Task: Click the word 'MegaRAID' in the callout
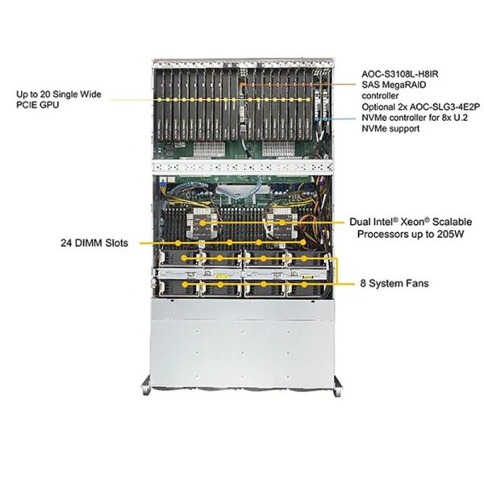405,94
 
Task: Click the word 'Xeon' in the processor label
401,220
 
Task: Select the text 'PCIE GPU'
38,106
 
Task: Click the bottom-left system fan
186,286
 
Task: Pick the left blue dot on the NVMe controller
319,119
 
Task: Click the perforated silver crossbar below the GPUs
242,167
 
